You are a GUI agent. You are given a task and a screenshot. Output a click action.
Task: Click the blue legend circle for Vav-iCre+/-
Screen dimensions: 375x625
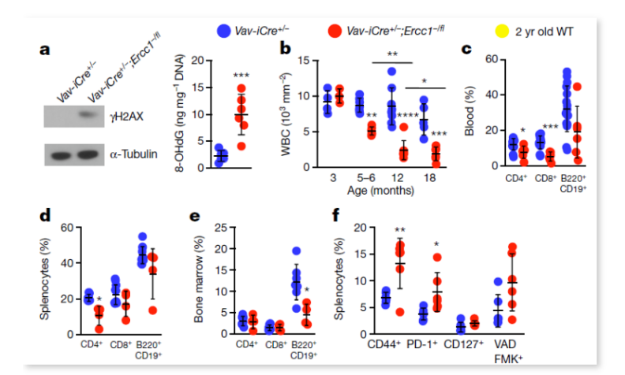pos(225,30)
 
